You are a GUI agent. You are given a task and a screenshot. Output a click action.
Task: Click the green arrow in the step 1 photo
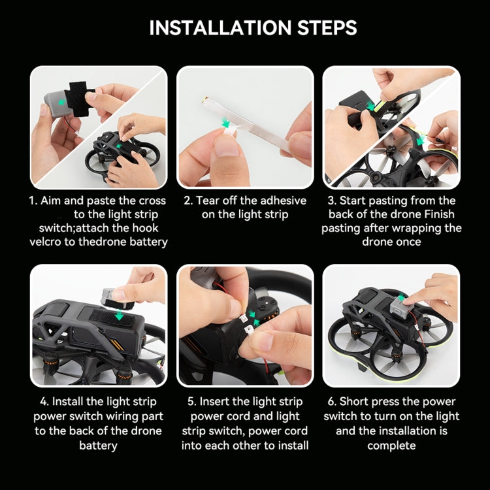[x=61, y=101]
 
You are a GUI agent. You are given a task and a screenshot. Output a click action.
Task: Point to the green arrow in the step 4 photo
[x=119, y=316]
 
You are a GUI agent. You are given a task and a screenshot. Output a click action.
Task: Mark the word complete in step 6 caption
[x=391, y=446]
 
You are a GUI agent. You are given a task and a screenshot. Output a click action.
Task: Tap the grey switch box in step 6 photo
[x=398, y=307]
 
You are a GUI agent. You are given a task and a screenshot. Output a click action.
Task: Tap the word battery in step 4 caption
[x=98, y=446]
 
